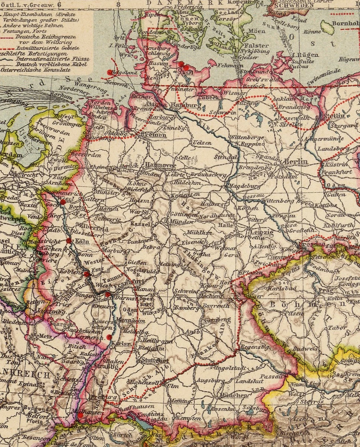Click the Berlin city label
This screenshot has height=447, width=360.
(x=295, y=162)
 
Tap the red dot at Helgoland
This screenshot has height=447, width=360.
(x=109, y=72)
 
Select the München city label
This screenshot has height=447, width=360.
(x=234, y=395)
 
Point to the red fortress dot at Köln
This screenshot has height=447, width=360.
(x=69, y=241)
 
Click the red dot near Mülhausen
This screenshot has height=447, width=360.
(x=80, y=415)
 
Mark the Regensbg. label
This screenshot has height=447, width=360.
(x=255, y=347)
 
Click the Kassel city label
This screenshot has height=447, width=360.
(x=142, y=225)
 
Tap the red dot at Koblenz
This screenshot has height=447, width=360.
(x=86, y=274)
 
